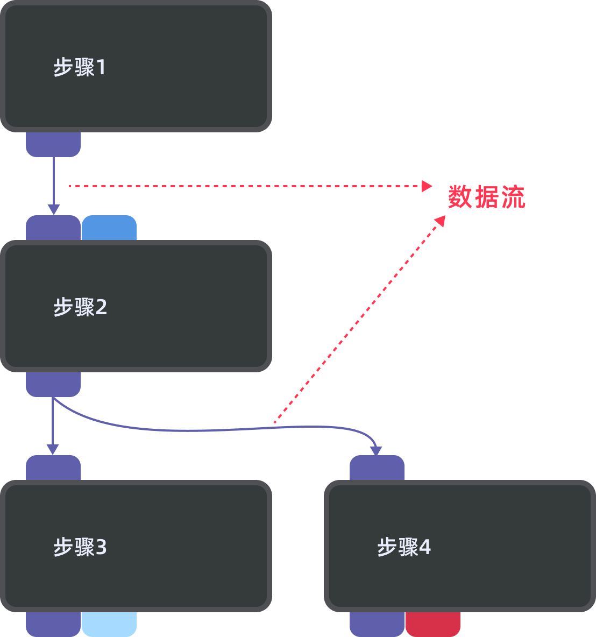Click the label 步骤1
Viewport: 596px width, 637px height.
(80, 68)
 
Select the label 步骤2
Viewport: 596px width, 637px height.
(80, 307)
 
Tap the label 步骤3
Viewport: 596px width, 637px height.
(80, 547)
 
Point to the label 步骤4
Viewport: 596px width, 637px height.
(404, 547)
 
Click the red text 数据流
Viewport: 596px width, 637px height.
(486, 197)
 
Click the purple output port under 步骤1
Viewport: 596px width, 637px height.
(53, 144)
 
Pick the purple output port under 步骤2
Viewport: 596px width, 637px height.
(53, 384)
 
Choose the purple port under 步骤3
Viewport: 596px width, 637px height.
(53, 624)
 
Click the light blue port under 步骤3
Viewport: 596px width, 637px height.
(109, 624)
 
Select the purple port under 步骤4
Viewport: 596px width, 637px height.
(377, 624)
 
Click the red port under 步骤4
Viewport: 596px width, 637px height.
(433, 624)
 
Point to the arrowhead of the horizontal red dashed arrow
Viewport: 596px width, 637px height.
(428, 186)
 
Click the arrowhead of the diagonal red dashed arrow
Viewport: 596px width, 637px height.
(441, 221)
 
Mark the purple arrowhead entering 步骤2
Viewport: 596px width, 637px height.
(53, 209)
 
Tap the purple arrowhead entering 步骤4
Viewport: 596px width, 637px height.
(377, 450)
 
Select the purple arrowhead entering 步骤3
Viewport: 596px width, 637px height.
(53, 449)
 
